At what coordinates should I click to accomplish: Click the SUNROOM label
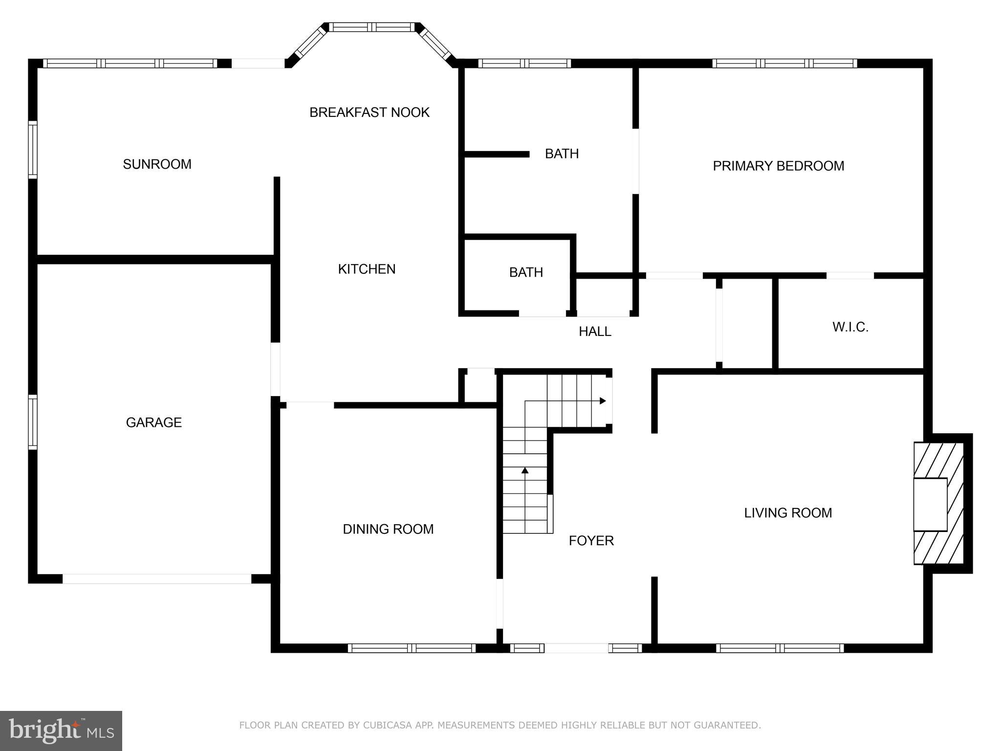click(157, 164)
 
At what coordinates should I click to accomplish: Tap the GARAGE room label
click(153, 422)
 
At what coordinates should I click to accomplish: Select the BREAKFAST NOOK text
click(369, 112)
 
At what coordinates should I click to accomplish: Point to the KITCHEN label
click(367, 269)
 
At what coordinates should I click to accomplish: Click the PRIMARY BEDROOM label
click(778, 166)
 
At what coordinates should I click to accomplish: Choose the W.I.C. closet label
click(850, 327)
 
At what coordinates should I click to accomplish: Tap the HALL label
click(595, 331)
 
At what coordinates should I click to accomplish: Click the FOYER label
click(591, 541)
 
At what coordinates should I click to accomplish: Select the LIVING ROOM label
click(788, 513)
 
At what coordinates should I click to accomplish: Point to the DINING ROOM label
click(388, 529)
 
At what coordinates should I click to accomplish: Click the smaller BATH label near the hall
click(526, 272)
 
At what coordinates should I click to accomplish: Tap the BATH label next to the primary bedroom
click(562, 154)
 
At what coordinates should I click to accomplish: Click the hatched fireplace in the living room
click(938, 504)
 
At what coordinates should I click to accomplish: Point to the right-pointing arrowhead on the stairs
click(603, 401)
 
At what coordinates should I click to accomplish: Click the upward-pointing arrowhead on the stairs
click(525, 470)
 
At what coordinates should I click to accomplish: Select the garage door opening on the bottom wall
click(156, 579)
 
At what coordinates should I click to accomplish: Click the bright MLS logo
click(61, 731)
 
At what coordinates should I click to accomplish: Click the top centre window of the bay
click(371, 27)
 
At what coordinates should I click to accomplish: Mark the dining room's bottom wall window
click(412, 648)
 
